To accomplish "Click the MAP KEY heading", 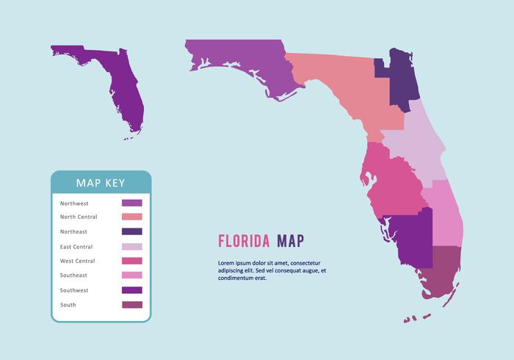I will coord(101,183).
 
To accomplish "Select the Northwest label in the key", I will coord(74,203).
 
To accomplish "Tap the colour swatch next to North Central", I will coord(131,217).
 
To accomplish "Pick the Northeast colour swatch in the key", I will coord(131,231).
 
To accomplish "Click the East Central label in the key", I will coord(76,246).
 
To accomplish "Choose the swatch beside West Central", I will coord(131,261).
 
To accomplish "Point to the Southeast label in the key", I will coord(73,276).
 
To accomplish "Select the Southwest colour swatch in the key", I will coord(131,290).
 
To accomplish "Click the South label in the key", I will coord(68,305).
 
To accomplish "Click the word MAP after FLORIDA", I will coord(290,241).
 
